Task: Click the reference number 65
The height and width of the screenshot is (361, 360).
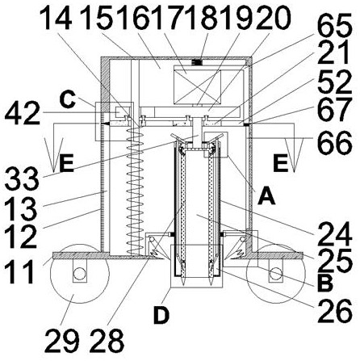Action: pos(334,27)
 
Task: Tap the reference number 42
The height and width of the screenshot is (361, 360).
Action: pos(23,113)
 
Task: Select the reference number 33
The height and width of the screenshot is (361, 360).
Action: pos(21,179)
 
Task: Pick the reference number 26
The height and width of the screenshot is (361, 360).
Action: pos(335,310)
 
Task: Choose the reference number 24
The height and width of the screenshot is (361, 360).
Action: pos(335,235)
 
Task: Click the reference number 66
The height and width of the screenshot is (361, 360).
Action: pos(335,143)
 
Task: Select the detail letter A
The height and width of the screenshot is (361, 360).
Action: pos(266,196)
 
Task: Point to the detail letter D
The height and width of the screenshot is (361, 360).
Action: pos(161,315)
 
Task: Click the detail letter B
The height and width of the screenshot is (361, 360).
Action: pos(325,283)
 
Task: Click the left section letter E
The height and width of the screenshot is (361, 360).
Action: pos(66,164)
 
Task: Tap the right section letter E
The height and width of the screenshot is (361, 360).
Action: pos(280,164)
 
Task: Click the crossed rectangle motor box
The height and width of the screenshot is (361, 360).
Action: pos(197,86)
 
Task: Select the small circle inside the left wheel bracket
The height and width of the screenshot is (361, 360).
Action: pos(79,274)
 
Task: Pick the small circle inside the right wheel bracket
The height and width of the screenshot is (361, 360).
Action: pos(275,274)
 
